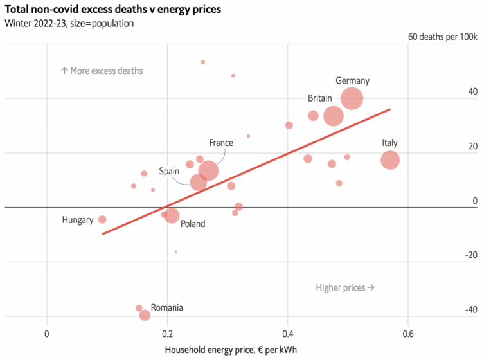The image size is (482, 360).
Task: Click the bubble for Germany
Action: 352,98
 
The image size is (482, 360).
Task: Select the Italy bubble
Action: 390,160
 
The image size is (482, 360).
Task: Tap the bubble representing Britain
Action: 334,116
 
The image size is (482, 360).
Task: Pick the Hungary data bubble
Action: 102,219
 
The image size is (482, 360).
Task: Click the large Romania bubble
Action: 145,315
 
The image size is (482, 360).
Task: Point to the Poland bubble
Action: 172,215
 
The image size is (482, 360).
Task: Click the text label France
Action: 220,143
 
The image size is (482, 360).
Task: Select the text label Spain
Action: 169,171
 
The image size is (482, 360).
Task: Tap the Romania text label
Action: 166,308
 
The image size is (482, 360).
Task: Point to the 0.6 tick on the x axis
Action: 407,334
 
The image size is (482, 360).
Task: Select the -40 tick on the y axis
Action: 471,309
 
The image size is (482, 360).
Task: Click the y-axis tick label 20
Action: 472,147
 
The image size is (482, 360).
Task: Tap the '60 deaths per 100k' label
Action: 443,36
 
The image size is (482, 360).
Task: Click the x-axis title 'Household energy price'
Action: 231,349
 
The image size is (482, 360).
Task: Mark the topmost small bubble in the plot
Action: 202,62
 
